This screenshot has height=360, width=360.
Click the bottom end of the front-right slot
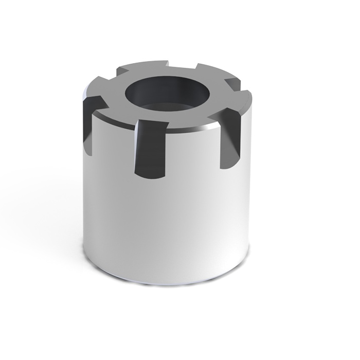coord(226,166)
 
